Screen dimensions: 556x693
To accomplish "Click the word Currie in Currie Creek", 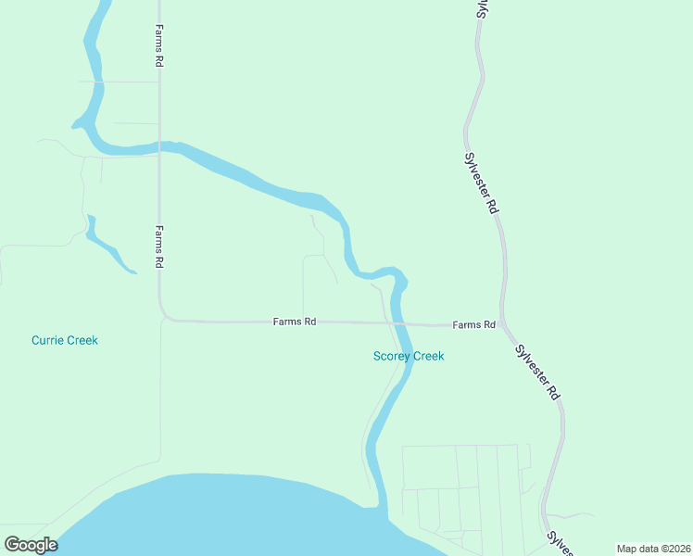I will coord(47,340).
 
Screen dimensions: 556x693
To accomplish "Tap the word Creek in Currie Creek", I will coord(82,340).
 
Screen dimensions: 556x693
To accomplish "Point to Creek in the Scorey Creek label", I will coord(428,356).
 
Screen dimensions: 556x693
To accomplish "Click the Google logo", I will coord(31,545).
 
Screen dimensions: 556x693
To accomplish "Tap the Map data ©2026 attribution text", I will coord(652,549).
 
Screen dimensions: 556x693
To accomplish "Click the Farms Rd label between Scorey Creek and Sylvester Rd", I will coord(473,325).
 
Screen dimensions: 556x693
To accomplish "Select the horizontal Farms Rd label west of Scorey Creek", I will coord(295,322).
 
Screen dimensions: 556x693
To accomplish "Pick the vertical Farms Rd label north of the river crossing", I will coord(159,45).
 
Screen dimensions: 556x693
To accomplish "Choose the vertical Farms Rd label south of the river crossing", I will coord(159,246).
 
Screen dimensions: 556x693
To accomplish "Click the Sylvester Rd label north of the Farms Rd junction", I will coord(482,183).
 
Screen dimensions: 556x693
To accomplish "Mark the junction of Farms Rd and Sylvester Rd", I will coord(503,326).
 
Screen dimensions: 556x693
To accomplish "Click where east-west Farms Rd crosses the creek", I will coord(399,323).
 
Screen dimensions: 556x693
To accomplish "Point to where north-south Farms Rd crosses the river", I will coord(159,145).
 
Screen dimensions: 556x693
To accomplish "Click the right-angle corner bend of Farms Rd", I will coord(163,318).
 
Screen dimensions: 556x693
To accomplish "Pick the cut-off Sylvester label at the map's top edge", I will coord(482,8).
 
